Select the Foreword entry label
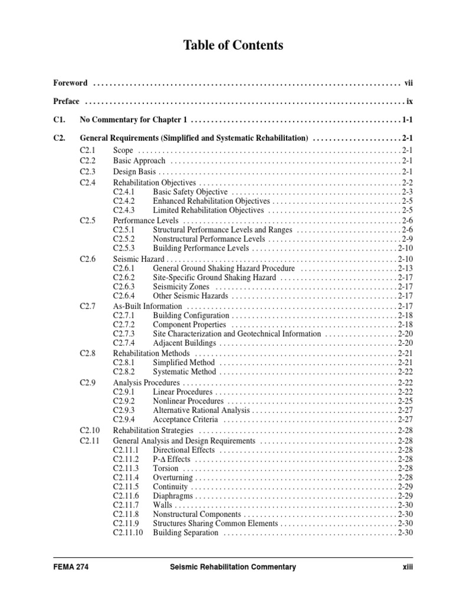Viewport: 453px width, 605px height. (x=70, y=83)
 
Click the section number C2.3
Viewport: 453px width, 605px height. (x=87, y=171)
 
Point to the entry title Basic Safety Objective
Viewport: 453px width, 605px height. (x=190, y=192)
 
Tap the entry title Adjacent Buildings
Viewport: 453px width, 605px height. (x=184, y=343)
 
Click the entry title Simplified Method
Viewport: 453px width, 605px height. (x=183, y=362)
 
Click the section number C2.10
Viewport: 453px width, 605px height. (x=90, y=430)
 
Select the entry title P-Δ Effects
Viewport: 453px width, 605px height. (x=172, y=459)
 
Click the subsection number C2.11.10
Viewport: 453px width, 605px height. (x=128, y=533)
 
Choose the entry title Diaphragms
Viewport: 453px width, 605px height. (x=173, y=496)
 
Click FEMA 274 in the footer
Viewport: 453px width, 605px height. (x=71, y=567)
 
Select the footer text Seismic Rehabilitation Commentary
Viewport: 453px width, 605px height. (x=228, y=567)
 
